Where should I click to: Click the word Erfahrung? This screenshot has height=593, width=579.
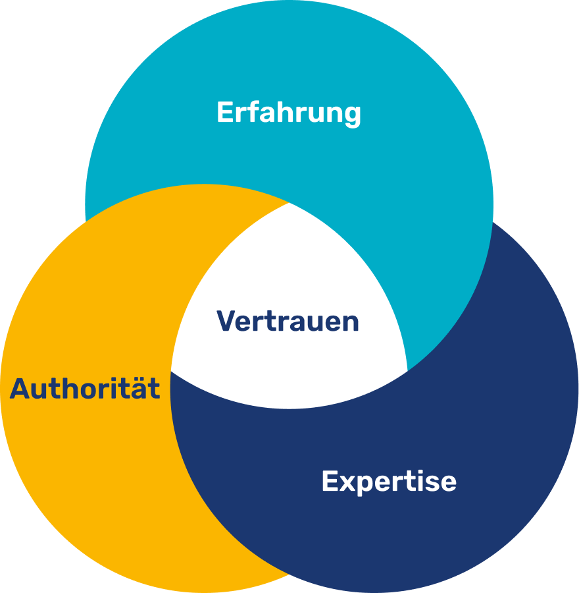coord(289,113)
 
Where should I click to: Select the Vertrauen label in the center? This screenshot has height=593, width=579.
coord(288,322)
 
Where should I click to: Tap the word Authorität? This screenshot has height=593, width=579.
coord(85,389)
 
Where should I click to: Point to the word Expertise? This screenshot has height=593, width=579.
coord(389,481)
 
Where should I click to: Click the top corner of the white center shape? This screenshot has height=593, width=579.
coord(289,204)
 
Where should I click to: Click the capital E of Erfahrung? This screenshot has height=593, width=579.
coord(224,113)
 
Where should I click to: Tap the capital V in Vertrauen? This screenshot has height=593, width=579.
coord(226,322)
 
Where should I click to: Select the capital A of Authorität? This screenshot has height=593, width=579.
coord(20,389)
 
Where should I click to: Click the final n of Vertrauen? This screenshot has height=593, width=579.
coord(351,323)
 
